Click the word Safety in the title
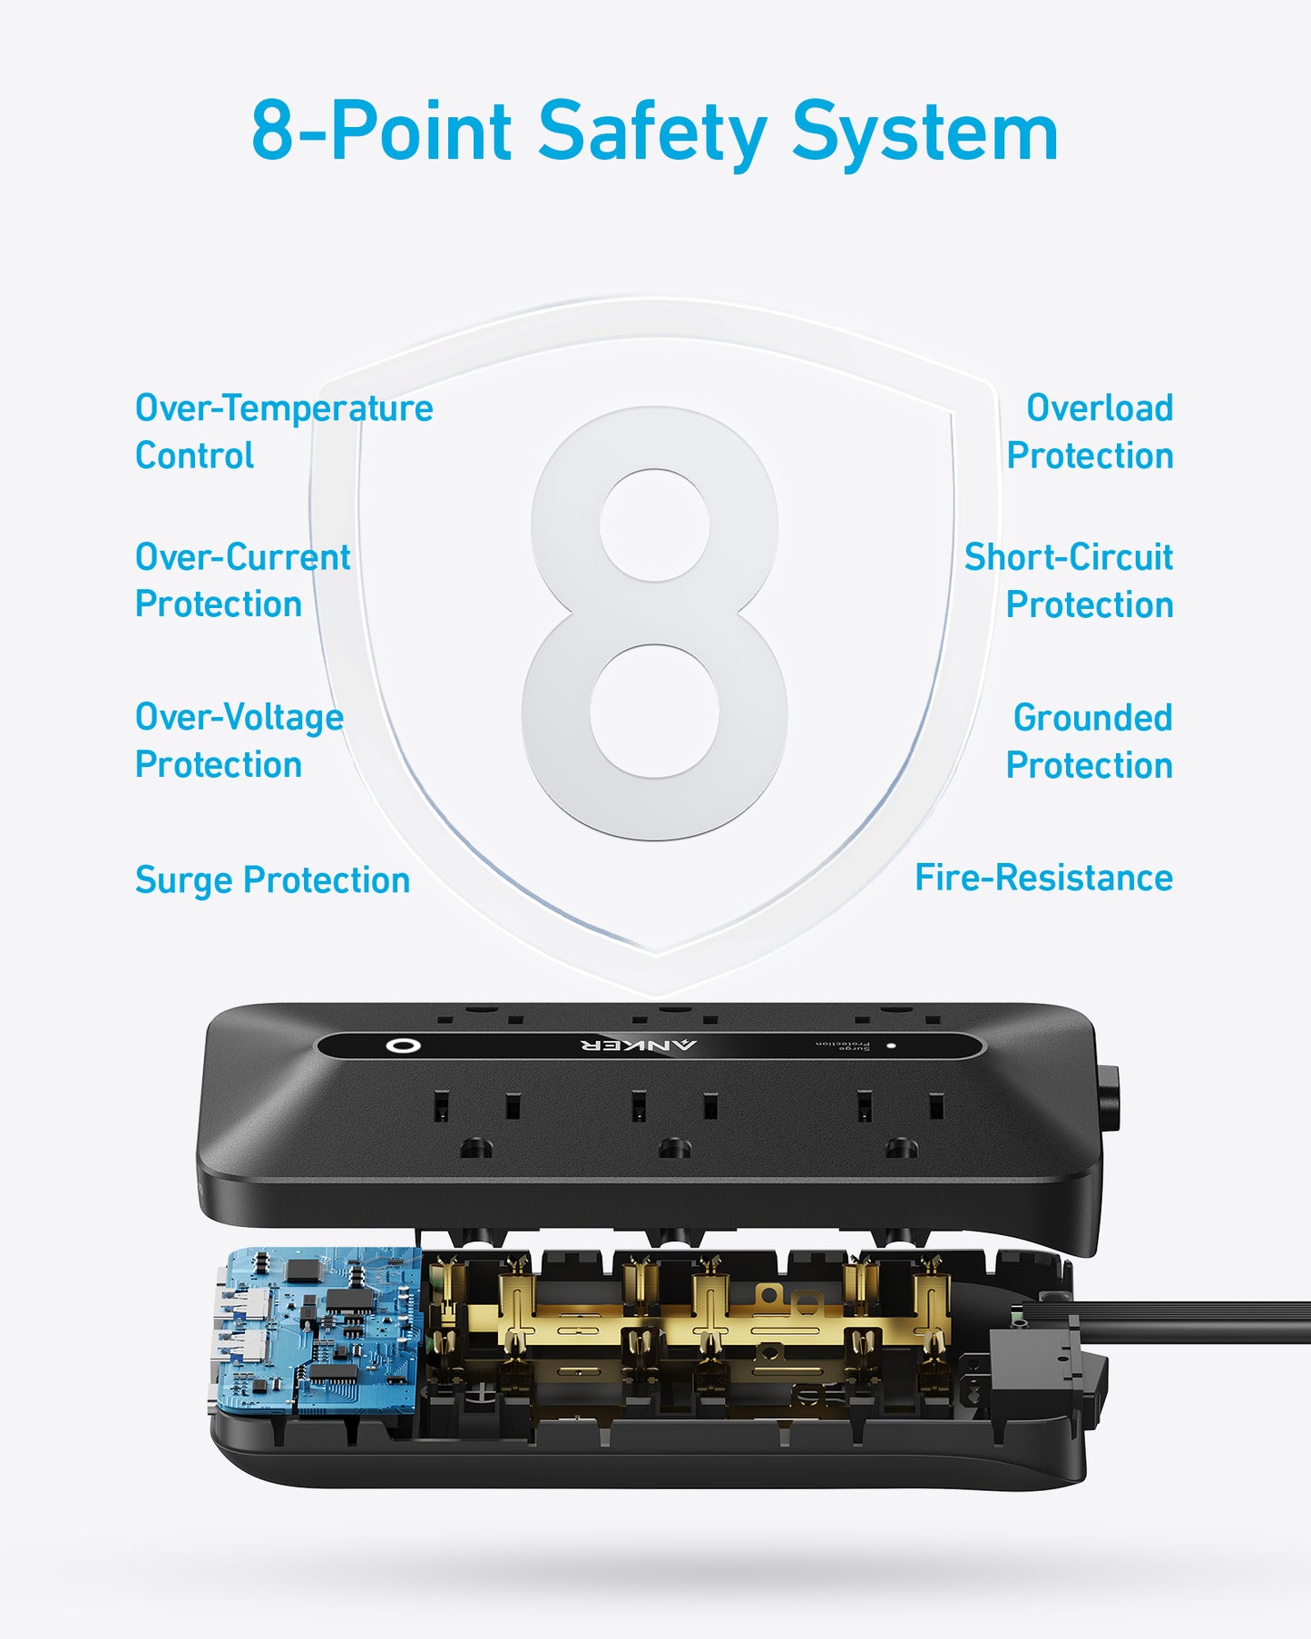(652, 132)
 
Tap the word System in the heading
(925, 132)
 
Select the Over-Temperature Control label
(283, 431)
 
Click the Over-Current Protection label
(242, 580)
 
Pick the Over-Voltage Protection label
(239, 741)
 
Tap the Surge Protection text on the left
(272, 879)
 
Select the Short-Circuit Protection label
(1069, 580)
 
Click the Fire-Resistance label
(1043, 878)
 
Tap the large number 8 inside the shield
(655, 623)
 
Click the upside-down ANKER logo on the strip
(639, 1045)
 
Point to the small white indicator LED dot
(892, 1045)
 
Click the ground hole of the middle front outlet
(674, 1149)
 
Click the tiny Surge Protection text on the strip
(843, 1045)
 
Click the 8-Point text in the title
(381, 132)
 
